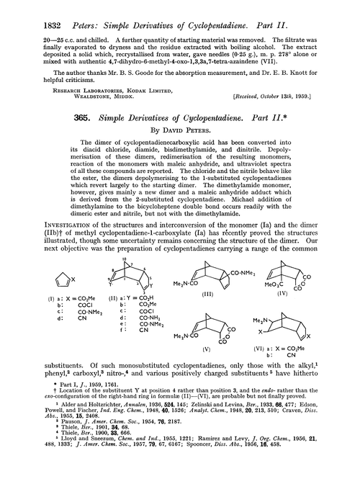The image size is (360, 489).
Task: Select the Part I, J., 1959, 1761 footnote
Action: click(71, 387)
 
